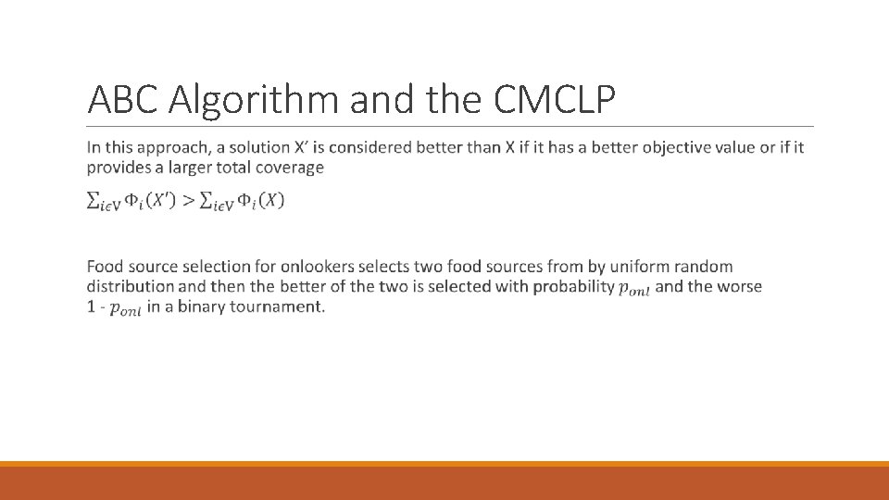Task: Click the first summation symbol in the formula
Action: pyautogui.click(x=93, y=201)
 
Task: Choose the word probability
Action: pyautogui.click(x=574, y=286)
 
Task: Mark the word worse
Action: pyautogui.click(x=739, y=286)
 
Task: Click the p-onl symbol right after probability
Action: pyautogui.click(x=634, y=288)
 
